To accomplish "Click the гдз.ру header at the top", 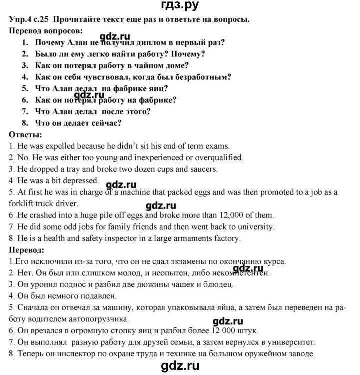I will (x=180, y=6).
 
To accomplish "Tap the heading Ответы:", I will (x=26, y=135).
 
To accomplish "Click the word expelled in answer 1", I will (x=60, y=147).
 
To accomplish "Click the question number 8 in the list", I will (x=25, y=123).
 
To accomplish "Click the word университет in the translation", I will (x=286, y=342).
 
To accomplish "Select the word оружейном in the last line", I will (x=266, y=354).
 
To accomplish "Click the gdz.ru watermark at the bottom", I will (x=180, y=366).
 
